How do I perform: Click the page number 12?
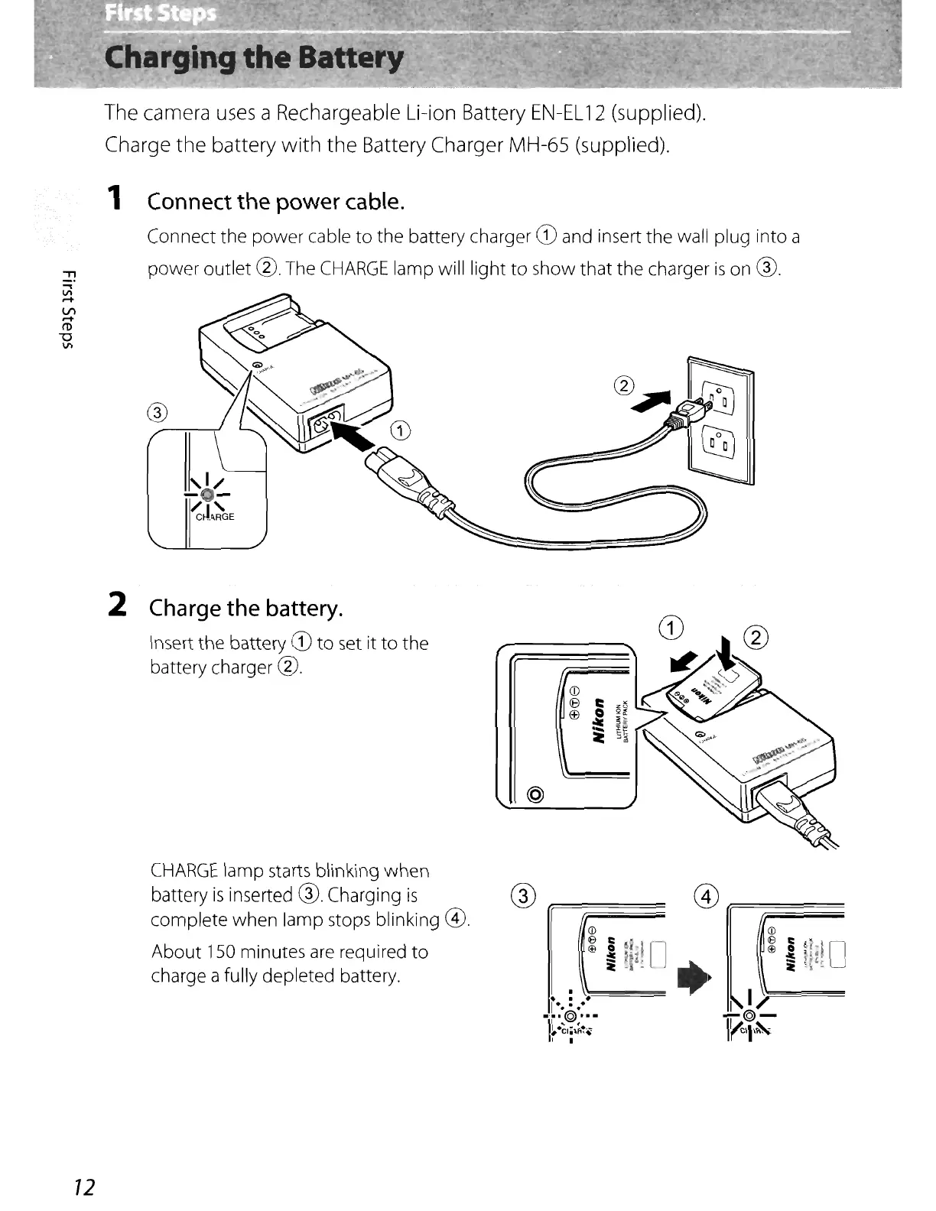click(x=83, y=1187)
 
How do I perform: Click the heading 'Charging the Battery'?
click(x=255, y=58)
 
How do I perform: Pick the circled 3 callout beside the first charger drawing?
click(x=156, y=414)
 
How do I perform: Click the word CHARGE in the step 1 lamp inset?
click(x=215, y=517)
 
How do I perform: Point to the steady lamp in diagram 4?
click(x=749, y=1016)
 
